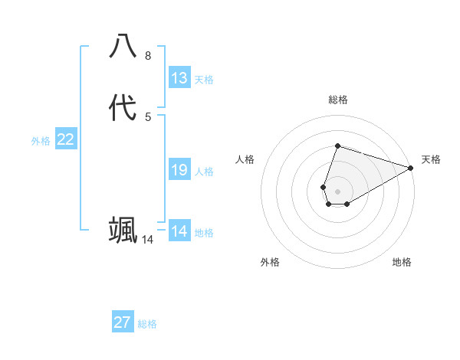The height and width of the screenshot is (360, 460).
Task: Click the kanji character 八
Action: click(x=123, y=46)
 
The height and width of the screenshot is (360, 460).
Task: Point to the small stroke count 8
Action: click(x=148, y=55)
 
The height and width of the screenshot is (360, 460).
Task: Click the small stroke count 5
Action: click(x=148, y=116)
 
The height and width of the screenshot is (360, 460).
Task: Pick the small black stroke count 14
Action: click(x=148, y=240)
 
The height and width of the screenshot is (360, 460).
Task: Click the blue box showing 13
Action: click(x=179, y=78)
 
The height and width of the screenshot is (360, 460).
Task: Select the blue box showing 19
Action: click(x=179, y=170)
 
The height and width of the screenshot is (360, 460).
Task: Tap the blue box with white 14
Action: click(x=179, y=231)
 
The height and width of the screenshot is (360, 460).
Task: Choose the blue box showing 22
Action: click(x=66, y=139)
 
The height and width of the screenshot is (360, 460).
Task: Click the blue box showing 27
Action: click(x=123, y=322)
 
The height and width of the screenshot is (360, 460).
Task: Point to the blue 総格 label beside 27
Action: click(x=147, y=324)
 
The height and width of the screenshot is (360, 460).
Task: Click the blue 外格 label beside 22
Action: click(x=41, y=141)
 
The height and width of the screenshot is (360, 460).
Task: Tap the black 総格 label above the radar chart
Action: click(x=337, y=100)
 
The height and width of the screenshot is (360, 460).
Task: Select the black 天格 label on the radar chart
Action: click(x=431, y=159)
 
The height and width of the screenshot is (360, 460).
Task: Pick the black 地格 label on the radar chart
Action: click(x=402, y=262)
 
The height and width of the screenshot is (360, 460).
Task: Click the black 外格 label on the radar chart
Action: click(x=270, y=262)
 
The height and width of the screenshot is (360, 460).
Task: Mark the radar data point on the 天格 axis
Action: click(x=411, y=168)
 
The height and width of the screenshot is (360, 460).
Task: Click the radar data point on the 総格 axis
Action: click(x=337, y=146)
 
